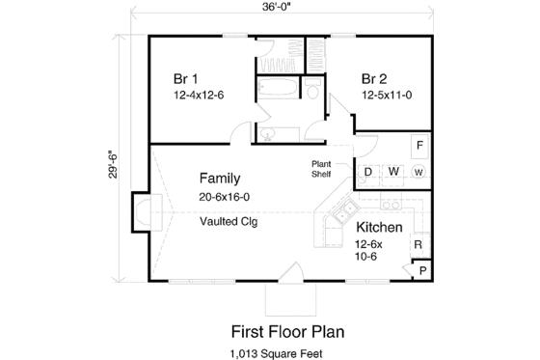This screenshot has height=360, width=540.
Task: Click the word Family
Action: (220, 179)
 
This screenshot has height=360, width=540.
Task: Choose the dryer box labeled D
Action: (367, 173)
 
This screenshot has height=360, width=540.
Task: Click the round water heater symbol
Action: (418, 173)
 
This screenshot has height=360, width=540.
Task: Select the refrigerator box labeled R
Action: (418, 245)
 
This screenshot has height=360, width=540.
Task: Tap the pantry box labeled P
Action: (421, 271)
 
